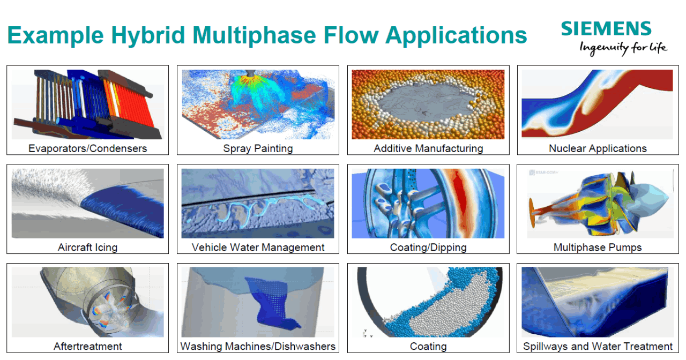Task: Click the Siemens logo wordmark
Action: pos(606,28)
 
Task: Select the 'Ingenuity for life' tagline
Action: pos(623,48)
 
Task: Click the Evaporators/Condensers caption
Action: pos(87,148)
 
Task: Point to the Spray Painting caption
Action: pos(258,148)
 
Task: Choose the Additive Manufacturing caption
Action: pos(428,148)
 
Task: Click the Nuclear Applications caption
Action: pos(598,148)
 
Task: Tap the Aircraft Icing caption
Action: pos(87,247)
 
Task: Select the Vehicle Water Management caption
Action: pos(258,247)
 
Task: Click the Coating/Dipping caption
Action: pos(428,247)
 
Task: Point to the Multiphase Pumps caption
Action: pos(598,247)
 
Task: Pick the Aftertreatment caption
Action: pos(87,346)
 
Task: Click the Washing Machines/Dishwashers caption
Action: pos(258,346)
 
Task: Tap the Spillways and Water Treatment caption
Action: pos(598,346)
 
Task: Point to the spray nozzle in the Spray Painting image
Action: pos(250,73)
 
